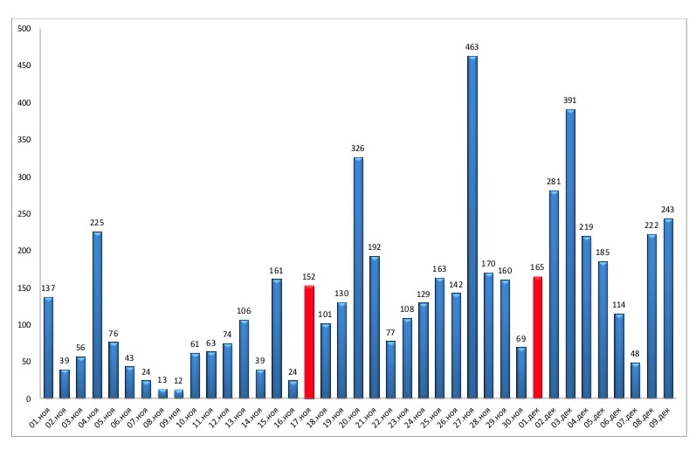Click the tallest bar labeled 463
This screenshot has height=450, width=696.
click(472, 227)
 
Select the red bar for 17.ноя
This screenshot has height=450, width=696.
click(309, 342)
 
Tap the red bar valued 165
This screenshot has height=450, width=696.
click(538, 337)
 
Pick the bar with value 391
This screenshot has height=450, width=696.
click(570, 253)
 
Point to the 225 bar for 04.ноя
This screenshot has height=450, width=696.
click(97, 315)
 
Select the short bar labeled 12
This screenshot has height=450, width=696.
click(179, 393)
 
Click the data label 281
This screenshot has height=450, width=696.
click(554, 181)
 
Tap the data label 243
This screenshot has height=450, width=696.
click(668, 209)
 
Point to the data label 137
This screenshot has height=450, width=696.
click(48, 287)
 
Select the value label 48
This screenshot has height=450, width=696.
click(636, 353)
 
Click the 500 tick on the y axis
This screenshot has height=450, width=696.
click(24, 29)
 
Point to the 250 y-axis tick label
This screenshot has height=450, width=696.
click(24, 214)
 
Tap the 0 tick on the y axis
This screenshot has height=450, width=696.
click(28, 398)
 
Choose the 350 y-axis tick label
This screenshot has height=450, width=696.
click(24, 140)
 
